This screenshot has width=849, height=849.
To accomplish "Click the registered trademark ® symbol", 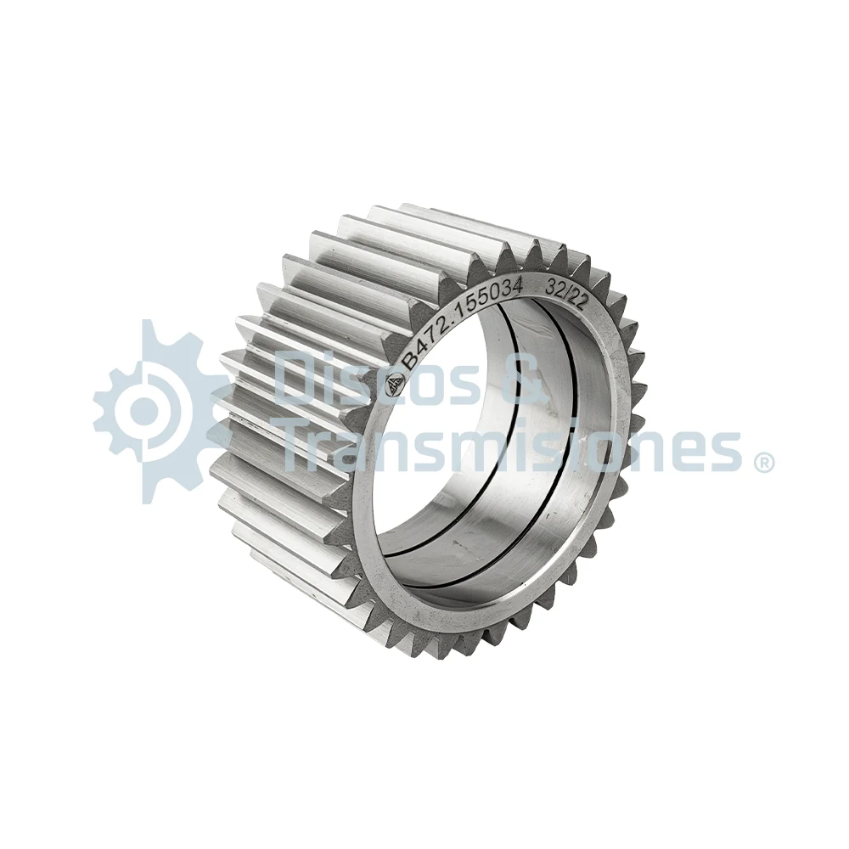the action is point(762,462).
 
